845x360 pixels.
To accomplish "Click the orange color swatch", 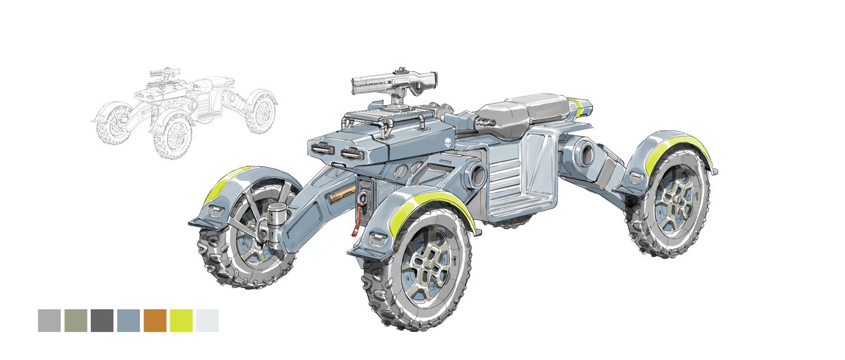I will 155,321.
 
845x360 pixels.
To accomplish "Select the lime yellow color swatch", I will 181,321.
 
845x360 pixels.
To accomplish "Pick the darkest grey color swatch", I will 102,321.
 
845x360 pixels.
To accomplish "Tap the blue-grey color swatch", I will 128,321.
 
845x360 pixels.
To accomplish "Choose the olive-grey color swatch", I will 76,321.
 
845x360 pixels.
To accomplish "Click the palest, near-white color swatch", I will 207,321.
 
